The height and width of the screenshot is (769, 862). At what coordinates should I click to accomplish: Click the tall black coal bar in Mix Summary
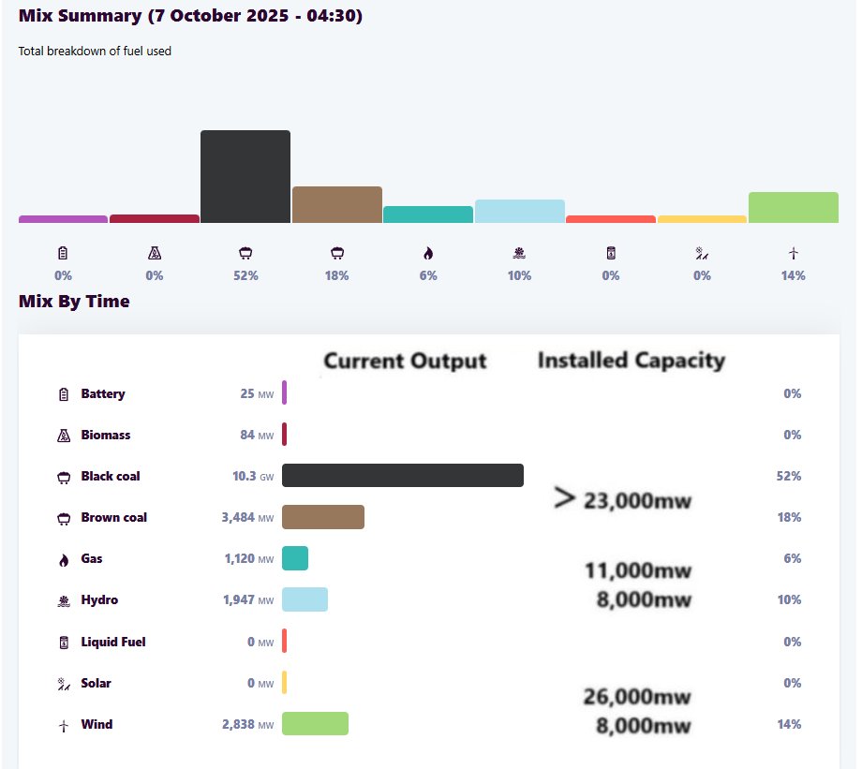click(245, 177)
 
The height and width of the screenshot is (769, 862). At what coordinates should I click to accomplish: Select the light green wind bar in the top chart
click(793, 207)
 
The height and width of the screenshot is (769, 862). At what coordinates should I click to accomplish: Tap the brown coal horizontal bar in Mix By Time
click(322, 517)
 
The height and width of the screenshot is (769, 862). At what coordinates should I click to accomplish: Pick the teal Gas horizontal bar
click(295, 558)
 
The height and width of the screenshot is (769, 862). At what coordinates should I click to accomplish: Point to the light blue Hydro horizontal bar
click(305, 599)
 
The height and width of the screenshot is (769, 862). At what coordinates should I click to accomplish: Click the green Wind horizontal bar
click(315, 724)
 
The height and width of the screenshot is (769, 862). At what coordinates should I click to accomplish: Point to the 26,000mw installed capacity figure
click(638, 697)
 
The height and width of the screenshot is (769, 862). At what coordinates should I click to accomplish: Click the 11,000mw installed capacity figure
click(638, 570)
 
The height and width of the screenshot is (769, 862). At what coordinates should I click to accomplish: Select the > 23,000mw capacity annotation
click(623, 500)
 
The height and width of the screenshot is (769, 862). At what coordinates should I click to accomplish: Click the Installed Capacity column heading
click(631, 360)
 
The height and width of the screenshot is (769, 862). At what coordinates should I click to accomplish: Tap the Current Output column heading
click(405, 361)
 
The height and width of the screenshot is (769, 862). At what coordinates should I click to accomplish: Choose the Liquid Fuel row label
click(113, 642)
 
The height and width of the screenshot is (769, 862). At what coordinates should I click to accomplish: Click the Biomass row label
click(106, 435)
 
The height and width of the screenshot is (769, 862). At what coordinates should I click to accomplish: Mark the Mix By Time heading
click(74, 301)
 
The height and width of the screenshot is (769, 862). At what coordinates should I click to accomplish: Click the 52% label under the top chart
click(245, 275)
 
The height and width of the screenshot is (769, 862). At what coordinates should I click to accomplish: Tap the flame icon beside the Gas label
click(64, 559)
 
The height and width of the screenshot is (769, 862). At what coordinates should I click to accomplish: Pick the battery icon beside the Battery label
click(64, 394)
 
